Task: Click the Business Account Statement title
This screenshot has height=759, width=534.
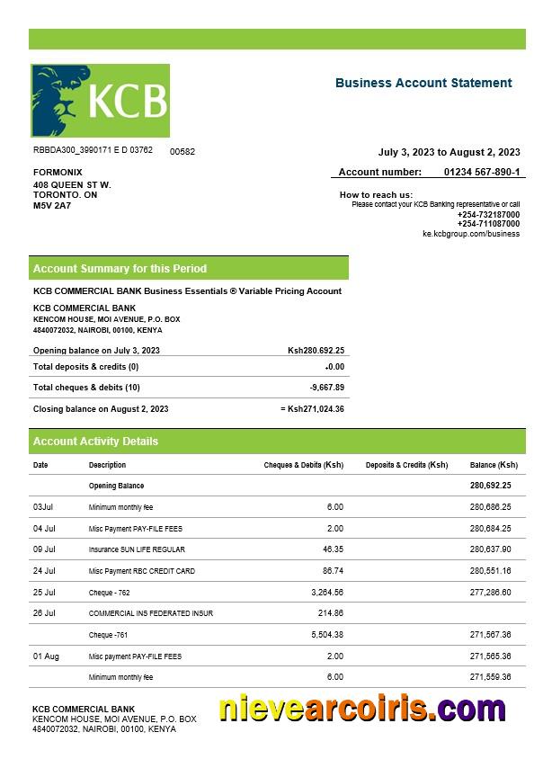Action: pyautogui.click(x=423, y=83)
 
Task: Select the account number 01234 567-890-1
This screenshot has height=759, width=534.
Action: pyautogui.click(x=481, y=172)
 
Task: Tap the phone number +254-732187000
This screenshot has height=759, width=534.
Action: pyautogui.click(x=488, y=214)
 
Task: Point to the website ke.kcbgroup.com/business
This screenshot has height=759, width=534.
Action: pyautogui.click(x=471, y=234)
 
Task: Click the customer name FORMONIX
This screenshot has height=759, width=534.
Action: pyautogui.click(x=58, y=172)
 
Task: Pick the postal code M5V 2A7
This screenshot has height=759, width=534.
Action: pyautogui.click(x=52, y=206)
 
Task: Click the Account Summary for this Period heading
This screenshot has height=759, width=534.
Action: pyautogui.click(x=120, y=268)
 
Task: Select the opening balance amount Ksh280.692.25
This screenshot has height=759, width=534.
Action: pyautogui.click(x=316, y=350)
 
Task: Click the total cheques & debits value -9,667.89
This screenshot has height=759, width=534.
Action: pyautogui.click(x=327, y=388)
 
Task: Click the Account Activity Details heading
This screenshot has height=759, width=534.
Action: pyautogui.click(x=95, y=442)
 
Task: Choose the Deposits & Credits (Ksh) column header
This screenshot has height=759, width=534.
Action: pyautogui.click(x=406, y=465)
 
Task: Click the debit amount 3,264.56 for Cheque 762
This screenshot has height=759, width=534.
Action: pyautogui.click(x=327, y=593)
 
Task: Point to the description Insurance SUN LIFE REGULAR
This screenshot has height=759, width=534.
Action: pyautogui.click(x=137, y=549)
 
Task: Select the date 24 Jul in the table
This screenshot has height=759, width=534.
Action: pyautogui.click(x=44, y=571)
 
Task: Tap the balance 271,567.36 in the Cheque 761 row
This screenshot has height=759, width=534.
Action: pyautogui.click(x=490, y=635)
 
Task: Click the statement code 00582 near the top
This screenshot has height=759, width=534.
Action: pyautogui.click(x=182, y=152)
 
